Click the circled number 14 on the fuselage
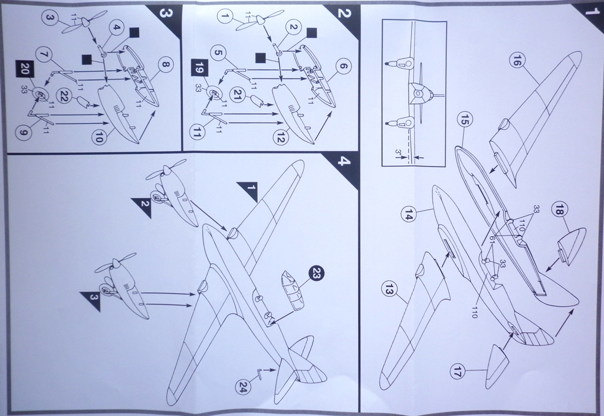tap(409, 216)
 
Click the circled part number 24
tap(243, 387)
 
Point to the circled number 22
tap(64, 94)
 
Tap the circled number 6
tap(341, 67)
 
